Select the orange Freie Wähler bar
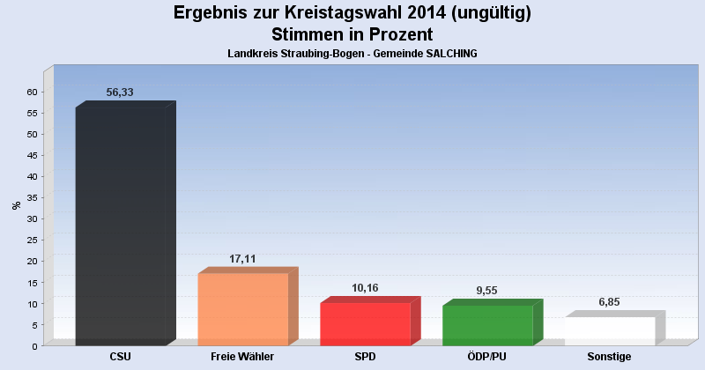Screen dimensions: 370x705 [x=242, y=308]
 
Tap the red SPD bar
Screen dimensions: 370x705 [x=365, y=323]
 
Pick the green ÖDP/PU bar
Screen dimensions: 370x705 [x=487, y=324]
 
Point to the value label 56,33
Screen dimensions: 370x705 [x=120, y=92]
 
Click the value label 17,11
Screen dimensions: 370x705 [x=242, y=259]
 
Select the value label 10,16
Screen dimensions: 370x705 [x=365, y=288]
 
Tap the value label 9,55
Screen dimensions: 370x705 [x=487, y=291]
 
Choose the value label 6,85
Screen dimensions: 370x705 [x=610, y=302]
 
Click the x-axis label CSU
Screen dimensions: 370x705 [x=121, y=357]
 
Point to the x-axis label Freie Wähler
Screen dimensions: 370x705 [x=242, y=357]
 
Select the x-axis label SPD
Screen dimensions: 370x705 [x=365, y=357]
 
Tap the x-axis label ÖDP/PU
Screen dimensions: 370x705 [x=487, y=357]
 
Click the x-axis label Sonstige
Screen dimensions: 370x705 [x=610, y=357]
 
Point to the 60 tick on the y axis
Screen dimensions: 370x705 [x=32, y=92]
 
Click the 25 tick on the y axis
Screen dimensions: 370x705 [x=32, y=240]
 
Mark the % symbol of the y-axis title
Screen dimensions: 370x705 [x=16, y=205]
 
